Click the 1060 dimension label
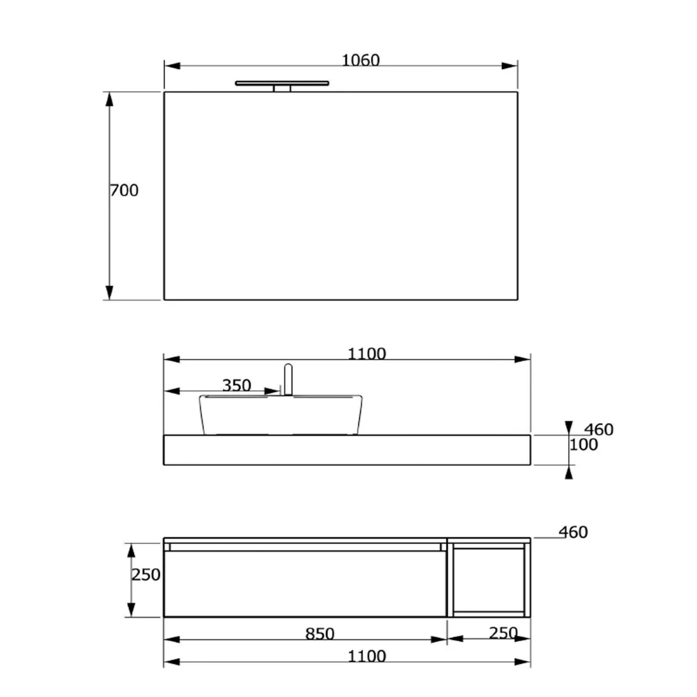(360, 60)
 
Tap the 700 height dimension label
(124, 191)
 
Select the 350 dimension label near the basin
(236, 386)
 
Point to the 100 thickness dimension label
(584, 445)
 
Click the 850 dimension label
(319, 634)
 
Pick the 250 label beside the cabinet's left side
(146, 575)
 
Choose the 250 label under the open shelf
(502, 633)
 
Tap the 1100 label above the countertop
(367, 354)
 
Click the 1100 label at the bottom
(367, 656)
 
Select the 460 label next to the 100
(599, 430)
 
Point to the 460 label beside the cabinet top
(573, 532)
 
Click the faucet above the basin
(288, 379)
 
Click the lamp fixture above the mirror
(282, 85)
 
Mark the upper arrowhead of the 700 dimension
(109, 99)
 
